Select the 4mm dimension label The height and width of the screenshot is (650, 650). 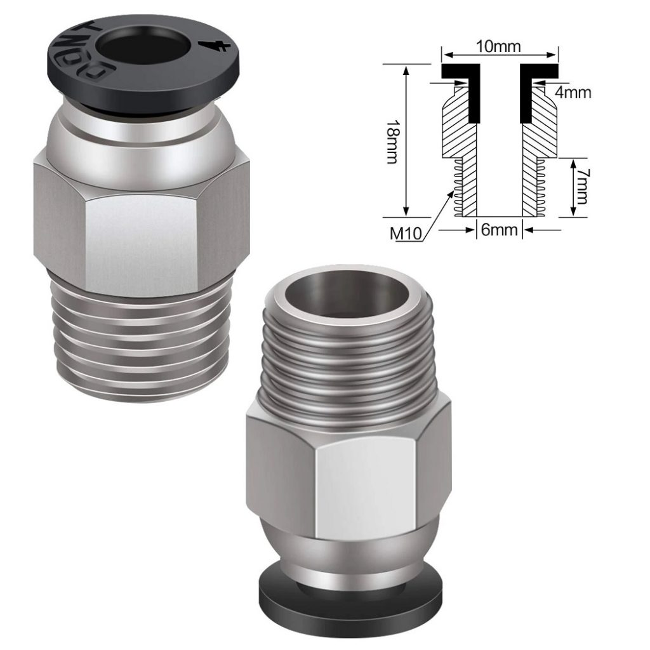point(573,93)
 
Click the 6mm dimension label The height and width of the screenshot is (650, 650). point(499,230)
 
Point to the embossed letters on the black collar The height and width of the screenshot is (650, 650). point(89,48)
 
